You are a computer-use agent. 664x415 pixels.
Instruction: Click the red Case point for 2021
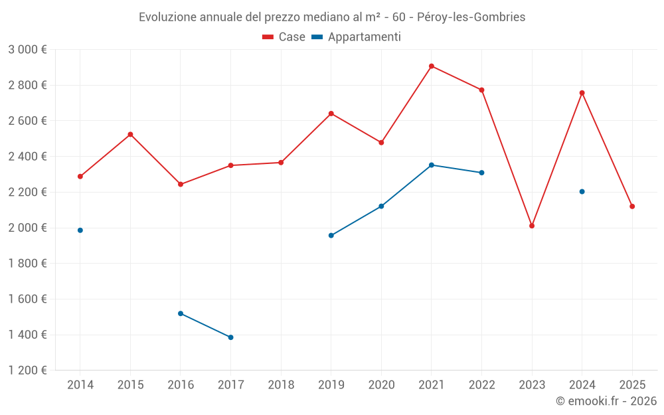coord(432,66)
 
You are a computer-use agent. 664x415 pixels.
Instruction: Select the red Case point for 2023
coord(532,226)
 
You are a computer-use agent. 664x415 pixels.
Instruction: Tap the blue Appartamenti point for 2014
coord(80,230)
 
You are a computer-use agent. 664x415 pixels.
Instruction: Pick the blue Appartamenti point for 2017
coord(230,337)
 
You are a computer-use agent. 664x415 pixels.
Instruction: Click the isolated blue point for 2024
coord(582,192)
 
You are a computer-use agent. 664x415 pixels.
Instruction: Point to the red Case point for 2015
coord(130,135)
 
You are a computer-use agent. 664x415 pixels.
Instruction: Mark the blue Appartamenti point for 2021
coord(432,165)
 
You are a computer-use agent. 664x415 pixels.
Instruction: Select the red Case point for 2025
coord(632,207)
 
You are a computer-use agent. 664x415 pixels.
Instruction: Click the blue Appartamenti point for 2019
coord(331,236)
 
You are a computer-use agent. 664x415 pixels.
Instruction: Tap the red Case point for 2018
coord(281,163)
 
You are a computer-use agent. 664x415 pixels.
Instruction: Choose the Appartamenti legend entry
coord(357,37)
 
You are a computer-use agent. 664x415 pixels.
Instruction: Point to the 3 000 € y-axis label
coord(27,50)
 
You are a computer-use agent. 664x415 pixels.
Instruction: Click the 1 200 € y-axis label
coord(27,371)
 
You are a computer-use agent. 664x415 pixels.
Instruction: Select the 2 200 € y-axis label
coord(27,193)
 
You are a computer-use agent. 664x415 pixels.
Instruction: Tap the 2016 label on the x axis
coord(181,385)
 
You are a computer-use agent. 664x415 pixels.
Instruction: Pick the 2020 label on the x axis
coord(381,385)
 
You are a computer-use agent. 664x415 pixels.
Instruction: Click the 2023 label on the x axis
coord(532,385)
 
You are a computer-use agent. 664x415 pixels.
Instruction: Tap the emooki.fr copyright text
coord(606,401)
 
